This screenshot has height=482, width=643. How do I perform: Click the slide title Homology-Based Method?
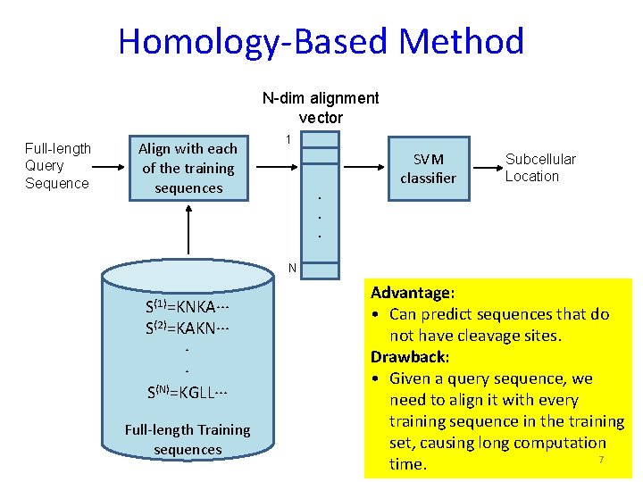click(321, 42)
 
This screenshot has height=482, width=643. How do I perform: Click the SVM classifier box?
click(428, 168)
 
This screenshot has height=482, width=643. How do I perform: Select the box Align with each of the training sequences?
click(188, 168)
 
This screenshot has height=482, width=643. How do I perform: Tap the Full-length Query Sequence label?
click(57, 166)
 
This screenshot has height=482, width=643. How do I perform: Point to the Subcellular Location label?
click(540, 168)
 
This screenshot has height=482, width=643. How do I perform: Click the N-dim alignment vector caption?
click(321, 107)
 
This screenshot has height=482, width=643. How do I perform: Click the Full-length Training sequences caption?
click(188, 439)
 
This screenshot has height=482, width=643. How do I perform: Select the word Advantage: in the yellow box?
click(413, 293)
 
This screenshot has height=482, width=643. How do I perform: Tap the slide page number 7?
click(601, 460)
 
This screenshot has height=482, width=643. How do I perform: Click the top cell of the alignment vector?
click(321, 138)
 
